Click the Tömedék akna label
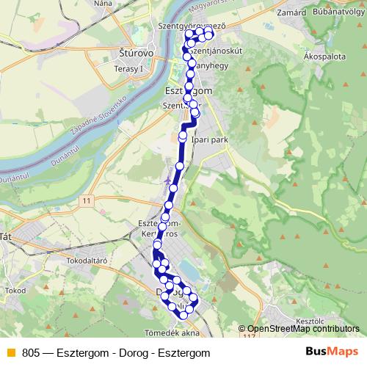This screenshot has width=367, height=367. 172,333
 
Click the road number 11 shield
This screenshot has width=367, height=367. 87,200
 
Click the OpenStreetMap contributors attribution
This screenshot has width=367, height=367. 303,330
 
